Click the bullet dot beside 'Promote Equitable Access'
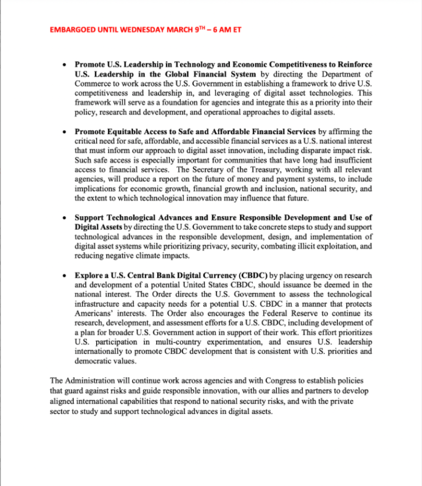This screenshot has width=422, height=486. coord(65,132)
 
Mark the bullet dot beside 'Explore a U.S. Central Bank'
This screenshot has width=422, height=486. coord(65,274)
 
